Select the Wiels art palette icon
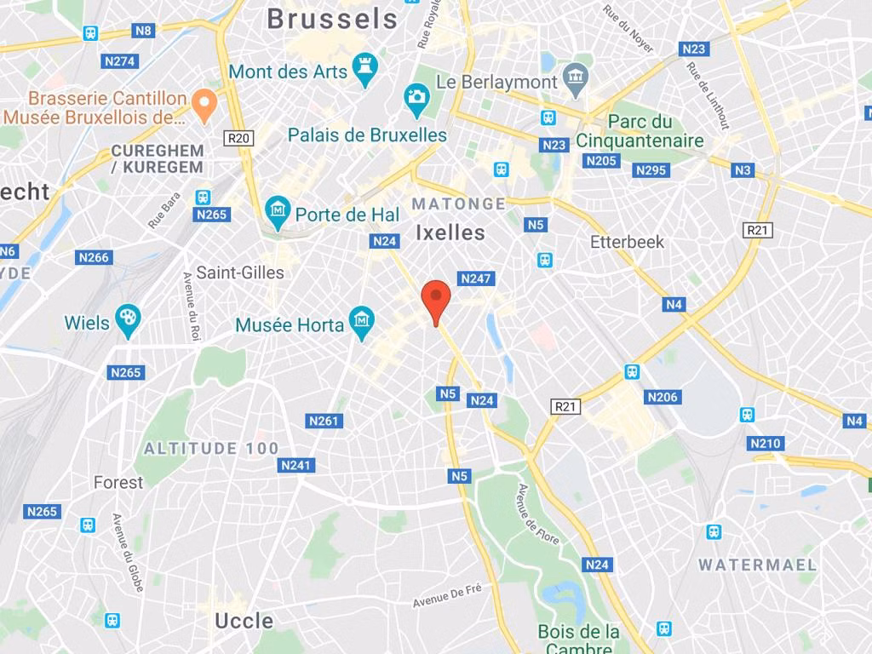coord(127,321)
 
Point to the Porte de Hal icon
coord(277,209)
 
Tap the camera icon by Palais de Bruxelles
coord(416,99)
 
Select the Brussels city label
coord(332,19)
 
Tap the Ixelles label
coord(450,232)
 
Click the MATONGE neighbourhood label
coord(458,204)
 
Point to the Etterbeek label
coord(627,242)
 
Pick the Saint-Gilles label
coord(240,272)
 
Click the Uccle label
coord(244,620)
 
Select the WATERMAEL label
coord(757,565)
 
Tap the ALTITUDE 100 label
coord(211,448)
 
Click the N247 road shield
coord(476,278)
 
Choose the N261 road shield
coord(324,421)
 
